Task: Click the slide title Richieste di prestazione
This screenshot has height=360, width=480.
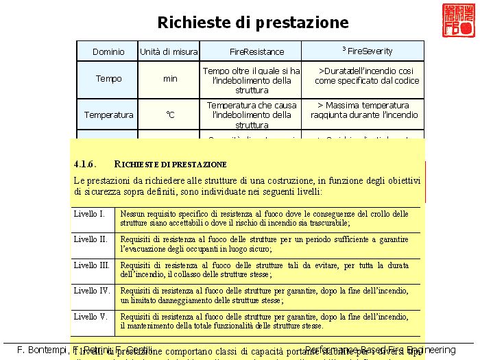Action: point(253,23)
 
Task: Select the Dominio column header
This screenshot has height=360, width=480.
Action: point(108,51)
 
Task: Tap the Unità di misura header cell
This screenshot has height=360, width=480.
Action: point(169,51)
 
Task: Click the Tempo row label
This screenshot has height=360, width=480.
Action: point(108,79)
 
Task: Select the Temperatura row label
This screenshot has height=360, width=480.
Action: point(108,115)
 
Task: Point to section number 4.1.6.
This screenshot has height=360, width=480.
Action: point(84,165)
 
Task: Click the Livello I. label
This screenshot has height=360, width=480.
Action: point(89,213)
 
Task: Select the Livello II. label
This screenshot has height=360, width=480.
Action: point(91,239)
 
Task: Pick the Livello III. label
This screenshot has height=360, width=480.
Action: point(91,265)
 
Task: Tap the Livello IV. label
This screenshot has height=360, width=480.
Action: point(92,291)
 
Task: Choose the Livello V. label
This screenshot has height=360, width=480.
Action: point(91,317)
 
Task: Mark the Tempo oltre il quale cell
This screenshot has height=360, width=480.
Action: point(252,80)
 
